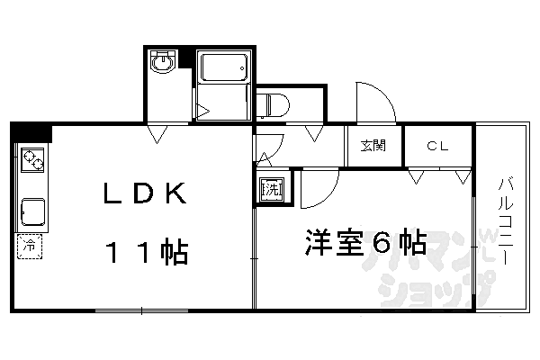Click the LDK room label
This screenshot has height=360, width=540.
145,193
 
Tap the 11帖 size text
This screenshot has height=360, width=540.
148,251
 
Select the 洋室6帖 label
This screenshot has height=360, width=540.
365,242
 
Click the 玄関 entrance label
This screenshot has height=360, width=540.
373,146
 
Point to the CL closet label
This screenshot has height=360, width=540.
437,146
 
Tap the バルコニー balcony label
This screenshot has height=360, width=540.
505,220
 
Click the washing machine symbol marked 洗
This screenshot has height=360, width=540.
272,189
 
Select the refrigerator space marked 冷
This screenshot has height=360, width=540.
30,246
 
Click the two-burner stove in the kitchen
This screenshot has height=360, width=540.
32,160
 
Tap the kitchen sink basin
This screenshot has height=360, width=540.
33,211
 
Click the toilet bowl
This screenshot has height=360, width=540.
273,105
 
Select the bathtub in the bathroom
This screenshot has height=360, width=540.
224,67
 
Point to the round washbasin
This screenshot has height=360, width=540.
163,62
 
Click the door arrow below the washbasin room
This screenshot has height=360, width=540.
157,134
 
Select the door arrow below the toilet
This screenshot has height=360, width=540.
314,133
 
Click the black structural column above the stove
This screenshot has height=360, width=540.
31,132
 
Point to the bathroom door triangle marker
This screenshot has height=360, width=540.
202,112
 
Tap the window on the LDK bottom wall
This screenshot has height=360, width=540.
141,310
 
